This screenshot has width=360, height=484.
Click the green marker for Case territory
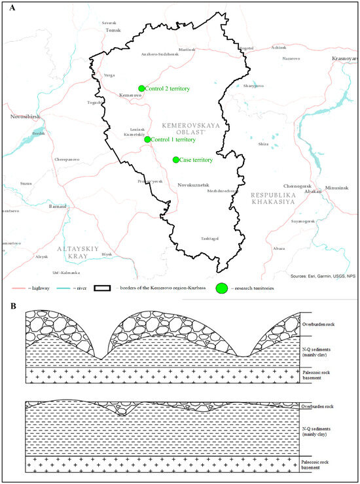click(x=175, y=160)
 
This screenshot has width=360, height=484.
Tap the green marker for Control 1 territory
click(x=147, y=139)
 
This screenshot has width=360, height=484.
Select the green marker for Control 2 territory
click(x=141, y=88)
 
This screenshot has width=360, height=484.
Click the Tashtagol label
click(x=211, y=238)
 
